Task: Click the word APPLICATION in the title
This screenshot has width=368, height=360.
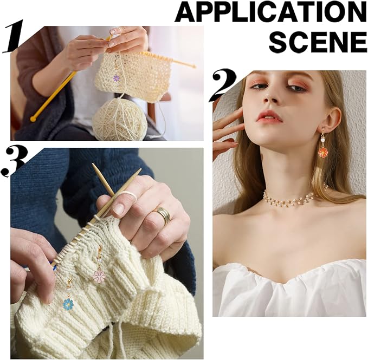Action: [271, 12]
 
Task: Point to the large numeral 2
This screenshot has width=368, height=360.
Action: [224, 86]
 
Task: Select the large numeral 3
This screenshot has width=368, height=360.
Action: [14, 162]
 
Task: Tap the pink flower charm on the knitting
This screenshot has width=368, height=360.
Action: [100, 276]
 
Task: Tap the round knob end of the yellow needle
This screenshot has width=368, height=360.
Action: [33, 119]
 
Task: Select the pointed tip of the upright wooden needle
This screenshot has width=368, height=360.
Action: [93, 164]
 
